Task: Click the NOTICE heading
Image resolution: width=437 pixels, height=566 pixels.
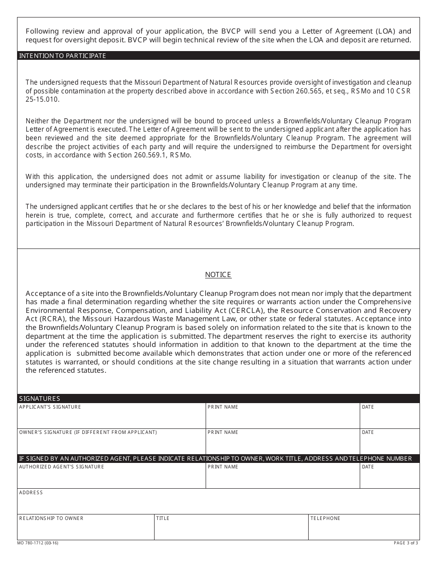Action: pyautogui.click(x=218, y=275)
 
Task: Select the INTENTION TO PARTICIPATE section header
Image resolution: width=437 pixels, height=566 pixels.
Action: pyautogui.click(x=63, y=56)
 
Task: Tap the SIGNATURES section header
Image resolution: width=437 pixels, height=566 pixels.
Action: pyautogui.click(x=40, y=399)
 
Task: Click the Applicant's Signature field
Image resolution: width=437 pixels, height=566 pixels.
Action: pyautogui.click(x=111, y=418)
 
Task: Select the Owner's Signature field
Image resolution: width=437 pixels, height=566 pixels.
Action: pyautogui.click(x=111, y=444)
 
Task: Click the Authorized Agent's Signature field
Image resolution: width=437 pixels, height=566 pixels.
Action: pyautogui.click(x=111, y=478)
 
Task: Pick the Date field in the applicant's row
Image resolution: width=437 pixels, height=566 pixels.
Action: pyautogui.click(x=390, y=418)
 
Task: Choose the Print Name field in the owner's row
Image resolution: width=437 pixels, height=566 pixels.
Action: pyautogui.click(x=282, y=444)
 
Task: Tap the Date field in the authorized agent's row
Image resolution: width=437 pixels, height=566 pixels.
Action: pyautogui.click(x=390, y=478)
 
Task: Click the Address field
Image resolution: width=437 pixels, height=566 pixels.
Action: pyautogui.click(x=218, y=504)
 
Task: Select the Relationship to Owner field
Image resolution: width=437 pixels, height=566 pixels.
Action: pyautogui.click(x=86, y=529)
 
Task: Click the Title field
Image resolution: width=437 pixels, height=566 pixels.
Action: pyautogui.click(x=231, y=529)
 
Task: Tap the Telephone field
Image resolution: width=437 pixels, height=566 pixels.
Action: pyautogui.click(x=364, y=529)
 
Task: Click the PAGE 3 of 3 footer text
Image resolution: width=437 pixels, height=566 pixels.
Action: pyautogui.click(x=406, y=543)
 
